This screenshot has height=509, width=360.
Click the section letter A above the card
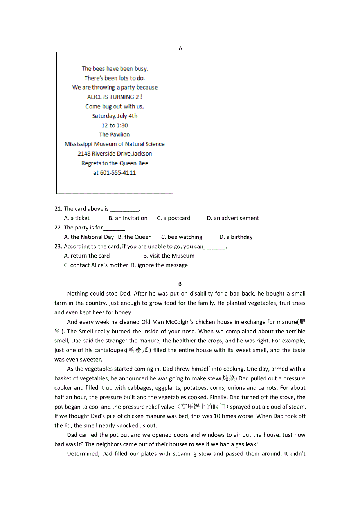pyautogui.click(x=180, y=48)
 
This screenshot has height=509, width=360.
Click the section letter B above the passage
pyautogui.click(x=180, y=284)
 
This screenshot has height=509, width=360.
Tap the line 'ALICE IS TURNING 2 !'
pyautogui.click(x=115, y=97)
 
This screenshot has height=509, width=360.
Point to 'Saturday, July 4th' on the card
pyautogui.click(x=115, y=116)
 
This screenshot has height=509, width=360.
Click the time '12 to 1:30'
pyautogui.click(x=115, y=125)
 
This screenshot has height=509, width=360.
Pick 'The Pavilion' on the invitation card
pyautogui.click(x=114, y=134)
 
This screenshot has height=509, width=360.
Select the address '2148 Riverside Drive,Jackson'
pyautogui.click(x=115, y=154)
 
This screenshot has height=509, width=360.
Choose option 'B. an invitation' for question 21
pyautogui.click(x=128, y=218)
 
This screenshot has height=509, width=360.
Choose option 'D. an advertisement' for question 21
pyautogui.click(x=233, y=218)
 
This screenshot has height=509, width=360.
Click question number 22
pyautogui.click(x=58, y=228)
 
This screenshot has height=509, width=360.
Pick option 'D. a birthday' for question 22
pyautogui.click(x=236, y=237)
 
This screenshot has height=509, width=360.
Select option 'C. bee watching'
pyautogui.click(x=182, y=237)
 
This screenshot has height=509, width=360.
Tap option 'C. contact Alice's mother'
pyautogui.click(x=96, y=265)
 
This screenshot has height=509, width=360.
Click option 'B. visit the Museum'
pyautogui.click(x=169, y=256)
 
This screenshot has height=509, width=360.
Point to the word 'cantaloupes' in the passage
pyautogui.click(x=103, y=350)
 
